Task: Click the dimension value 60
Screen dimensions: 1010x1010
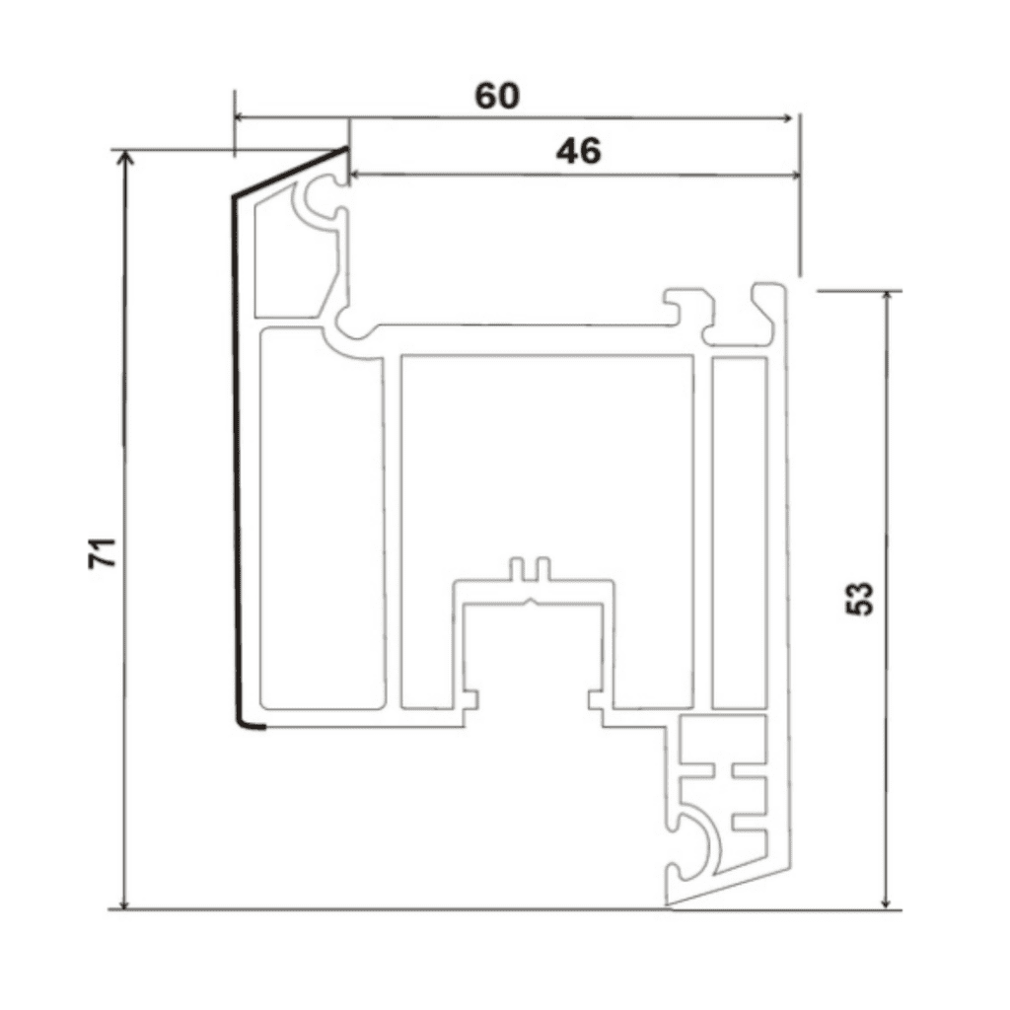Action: coord(497,96)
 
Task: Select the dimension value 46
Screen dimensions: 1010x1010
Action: coord(577,151)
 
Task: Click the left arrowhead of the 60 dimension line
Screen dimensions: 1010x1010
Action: coord(241,117)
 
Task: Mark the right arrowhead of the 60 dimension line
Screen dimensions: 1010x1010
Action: coord(786,118)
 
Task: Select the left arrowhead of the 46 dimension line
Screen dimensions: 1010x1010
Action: coord(358,175)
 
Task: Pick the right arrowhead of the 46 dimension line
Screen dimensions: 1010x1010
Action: coord(792,176)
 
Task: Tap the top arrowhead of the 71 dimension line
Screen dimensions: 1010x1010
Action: coord(125,159)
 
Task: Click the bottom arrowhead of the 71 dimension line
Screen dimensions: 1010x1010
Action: coord(125,902)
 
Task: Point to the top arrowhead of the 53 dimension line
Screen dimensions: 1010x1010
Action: coord(888,300)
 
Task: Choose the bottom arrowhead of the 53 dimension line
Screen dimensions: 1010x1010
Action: coord(888,902)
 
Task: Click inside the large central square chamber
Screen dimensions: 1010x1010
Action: coord(547,464)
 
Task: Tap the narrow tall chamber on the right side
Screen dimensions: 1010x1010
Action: coord(739,533)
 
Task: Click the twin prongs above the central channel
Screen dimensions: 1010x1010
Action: coord(531,570)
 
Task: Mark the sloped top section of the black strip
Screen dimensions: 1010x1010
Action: coord(291,173)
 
